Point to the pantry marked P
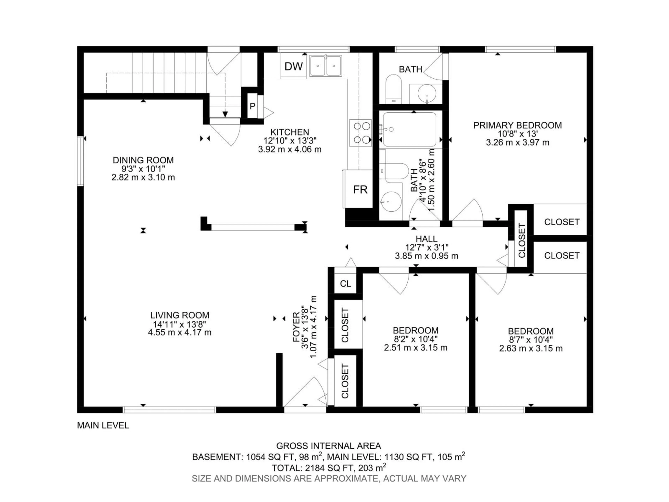[252, 106]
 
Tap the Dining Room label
[143, 160]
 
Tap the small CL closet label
[345, 284]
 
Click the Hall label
[426, 239]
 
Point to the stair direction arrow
[225, 114]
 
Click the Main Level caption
[103, 425]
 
